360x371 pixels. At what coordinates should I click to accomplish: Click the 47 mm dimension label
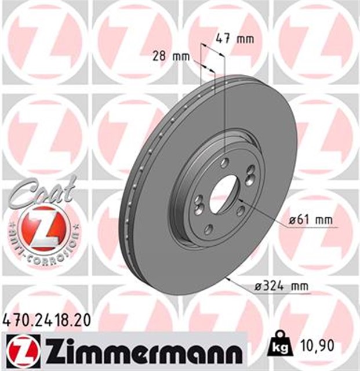pos(235,39)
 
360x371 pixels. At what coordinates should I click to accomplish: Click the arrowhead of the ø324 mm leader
pos(228,278)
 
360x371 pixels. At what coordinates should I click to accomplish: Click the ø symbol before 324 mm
pos(259,286)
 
